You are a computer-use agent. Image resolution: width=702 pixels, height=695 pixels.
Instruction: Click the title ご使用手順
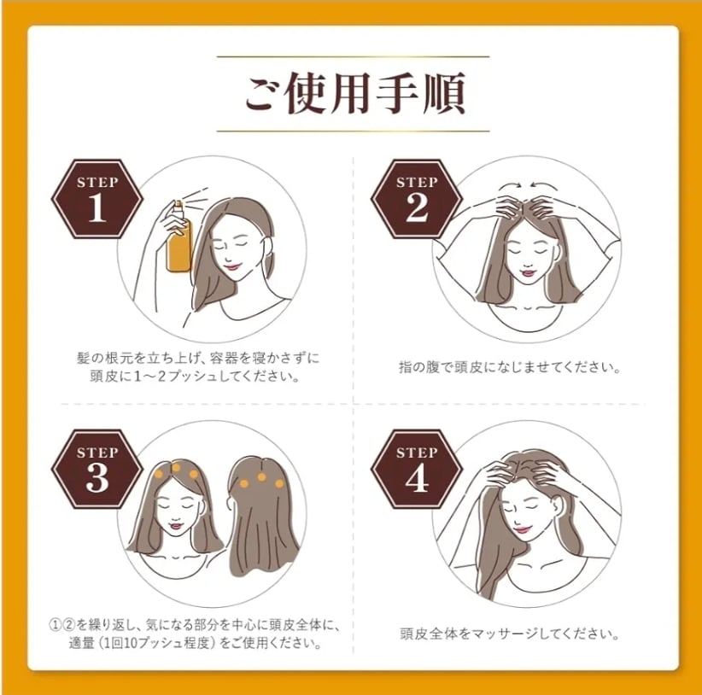click(x=354, y=94)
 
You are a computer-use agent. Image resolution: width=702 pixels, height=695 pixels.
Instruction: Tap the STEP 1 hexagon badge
click(x=97, y=199)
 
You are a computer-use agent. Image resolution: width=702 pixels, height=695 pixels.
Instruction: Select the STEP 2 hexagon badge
click(x=417, y=199)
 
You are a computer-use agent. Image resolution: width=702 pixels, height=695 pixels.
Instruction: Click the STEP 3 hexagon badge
click(x=97, y=469)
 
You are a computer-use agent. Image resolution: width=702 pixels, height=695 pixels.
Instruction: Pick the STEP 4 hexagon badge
click(x=417, y=469)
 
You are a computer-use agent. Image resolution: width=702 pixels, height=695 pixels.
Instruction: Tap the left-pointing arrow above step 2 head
click(x=542, y=184)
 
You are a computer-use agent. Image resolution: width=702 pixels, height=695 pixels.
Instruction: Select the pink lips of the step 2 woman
click(x=529, y=272)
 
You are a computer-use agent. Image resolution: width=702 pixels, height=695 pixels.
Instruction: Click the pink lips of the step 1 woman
click(x=232, y=266)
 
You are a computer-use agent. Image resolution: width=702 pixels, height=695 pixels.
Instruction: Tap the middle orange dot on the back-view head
click(x=262, y=477)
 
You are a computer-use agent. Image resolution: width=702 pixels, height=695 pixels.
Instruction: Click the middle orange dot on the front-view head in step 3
click(x=176, y=468)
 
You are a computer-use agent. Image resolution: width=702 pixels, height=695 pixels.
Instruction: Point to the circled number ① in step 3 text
click(x=55, y=625)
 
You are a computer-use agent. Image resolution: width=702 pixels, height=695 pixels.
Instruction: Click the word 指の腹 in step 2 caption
click(x=419, y=367)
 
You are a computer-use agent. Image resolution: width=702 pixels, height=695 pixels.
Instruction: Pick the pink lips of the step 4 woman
click(x=521, y=530)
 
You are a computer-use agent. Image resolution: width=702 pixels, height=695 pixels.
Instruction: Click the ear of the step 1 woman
click(x=269, y=245)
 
